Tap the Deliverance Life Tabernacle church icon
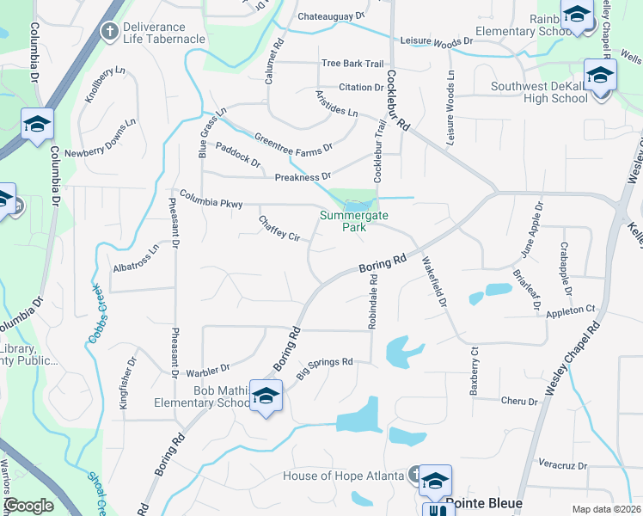coord(109,32)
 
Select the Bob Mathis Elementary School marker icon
coord(266,396)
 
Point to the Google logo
coord(28,506)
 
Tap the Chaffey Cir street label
coord(279,228)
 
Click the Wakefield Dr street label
coord(434,284)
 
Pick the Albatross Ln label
coord(137,259)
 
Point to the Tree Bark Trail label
coord(352,64)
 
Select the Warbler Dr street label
coord(208,371)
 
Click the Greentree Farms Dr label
coord(293,144)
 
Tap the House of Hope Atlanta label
coord(343,476)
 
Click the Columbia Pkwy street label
coord(211,199)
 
